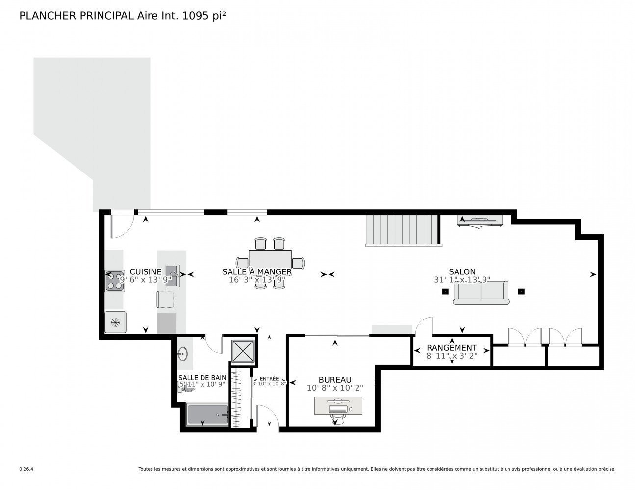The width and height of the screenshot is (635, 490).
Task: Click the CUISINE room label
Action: tap(146, 272)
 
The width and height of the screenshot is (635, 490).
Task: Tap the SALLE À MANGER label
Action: tap(257, 272)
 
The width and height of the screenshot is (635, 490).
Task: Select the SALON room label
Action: tap(462, 272)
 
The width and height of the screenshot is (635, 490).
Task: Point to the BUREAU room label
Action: tap(335, 380)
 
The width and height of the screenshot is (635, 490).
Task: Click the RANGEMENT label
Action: tap(452, 348)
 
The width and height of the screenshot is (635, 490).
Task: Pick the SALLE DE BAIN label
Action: tap(203, 377)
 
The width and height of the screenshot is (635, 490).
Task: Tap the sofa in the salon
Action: tap(481, 293)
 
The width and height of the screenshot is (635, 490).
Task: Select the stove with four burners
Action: tap(115, 281)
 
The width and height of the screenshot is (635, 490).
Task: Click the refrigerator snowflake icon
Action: tap(115, 322)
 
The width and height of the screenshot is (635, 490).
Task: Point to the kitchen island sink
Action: tap(172, 270)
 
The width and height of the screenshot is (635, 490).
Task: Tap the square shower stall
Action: tap(243, 350)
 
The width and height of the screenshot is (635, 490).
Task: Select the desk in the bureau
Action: tap(339, 406)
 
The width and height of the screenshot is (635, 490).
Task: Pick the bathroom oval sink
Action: tap(183, 352)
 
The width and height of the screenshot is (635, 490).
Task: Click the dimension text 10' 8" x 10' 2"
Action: tap(335, 388)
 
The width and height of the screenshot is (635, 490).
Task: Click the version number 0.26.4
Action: tap(26, 469)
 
